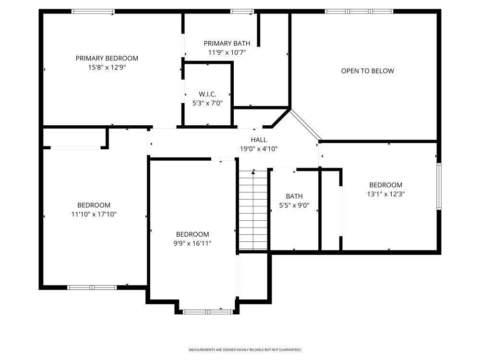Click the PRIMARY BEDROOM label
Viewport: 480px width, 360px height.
click(x=107, y=58)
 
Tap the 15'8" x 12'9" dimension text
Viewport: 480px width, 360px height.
click(x=107, y=67)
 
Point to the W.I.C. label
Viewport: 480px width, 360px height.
click(x=207, y=94)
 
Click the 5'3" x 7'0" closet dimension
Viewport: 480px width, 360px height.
click(x=207, y=103)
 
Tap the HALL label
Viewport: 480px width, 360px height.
click(x=259, y=140)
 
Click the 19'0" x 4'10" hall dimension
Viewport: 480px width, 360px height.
click(x=259, y=149)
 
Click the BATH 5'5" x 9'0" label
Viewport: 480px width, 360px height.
click(x=294, y=201)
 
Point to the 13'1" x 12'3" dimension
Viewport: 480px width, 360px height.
click(x=385, y=194)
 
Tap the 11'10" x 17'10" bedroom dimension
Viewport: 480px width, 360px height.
click(x=94, y=214)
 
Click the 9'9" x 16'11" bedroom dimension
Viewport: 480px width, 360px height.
click(x=192, y=243)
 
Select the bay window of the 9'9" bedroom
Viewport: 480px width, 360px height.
click(x=208, y=312)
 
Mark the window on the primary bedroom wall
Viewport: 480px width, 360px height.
click(x=93, y=11)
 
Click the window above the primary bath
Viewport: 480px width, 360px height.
click(x=242, y=11)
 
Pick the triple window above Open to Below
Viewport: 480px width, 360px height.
click(x=359, y=11)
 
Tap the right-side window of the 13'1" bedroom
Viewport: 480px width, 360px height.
click(x=439, y=186)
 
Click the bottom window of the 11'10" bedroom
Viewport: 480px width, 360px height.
click(x=92, y=288)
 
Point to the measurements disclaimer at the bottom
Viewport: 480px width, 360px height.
click(x=244, y=350)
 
